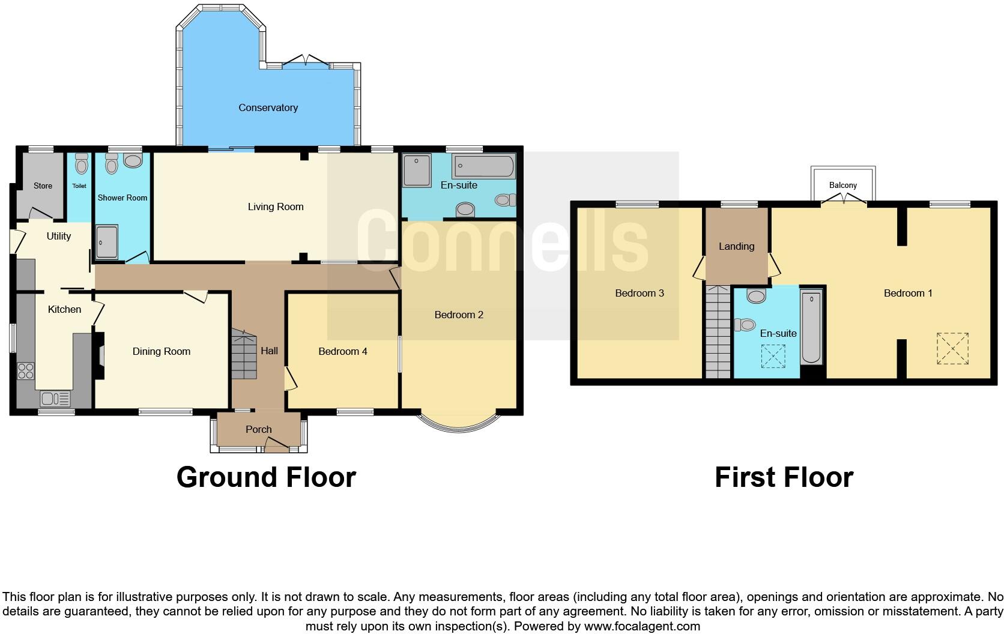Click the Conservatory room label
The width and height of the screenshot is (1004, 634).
click(x=268, y=107)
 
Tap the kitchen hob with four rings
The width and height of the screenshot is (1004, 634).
click(x=26, y=371)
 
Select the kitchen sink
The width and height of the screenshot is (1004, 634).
click(x=55, y=399)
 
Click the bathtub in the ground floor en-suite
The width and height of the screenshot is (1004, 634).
click(x=484, y=166)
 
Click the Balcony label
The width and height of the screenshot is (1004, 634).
click(x=842, y=185)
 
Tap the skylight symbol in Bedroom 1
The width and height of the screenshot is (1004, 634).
click(x=952, y=348)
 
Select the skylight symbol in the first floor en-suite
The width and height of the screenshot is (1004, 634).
click(x=773, y=356)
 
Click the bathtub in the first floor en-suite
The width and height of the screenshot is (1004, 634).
click(x=811, y=328)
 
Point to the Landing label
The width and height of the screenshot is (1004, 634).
click(x=736, y=246)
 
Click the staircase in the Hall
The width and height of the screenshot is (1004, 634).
click(x=244, y=354)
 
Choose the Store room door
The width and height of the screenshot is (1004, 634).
click(x=41, y=213)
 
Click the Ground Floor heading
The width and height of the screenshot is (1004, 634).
click(x=266, y=477)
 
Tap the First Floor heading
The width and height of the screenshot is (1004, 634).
click(x=784, y=477)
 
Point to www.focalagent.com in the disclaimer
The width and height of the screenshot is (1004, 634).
click(x=642, y=626)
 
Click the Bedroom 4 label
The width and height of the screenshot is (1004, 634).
click(x=342, y=351)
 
